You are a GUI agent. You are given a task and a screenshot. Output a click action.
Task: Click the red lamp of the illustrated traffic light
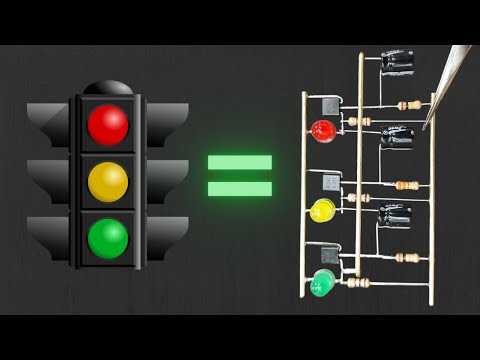[x=108, y=124]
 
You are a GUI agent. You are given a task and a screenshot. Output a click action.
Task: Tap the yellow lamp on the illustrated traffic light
[x=108, y=181]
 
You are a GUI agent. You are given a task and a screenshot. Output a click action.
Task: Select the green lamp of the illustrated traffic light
[x=108, y=238]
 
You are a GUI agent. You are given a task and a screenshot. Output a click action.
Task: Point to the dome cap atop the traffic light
[x=108, y=87]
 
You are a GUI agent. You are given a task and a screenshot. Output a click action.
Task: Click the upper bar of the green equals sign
[x=240, y=162]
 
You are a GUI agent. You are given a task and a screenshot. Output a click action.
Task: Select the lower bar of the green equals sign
[x=240, y=188]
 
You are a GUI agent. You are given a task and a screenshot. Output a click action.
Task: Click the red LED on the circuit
[x=322, y=131]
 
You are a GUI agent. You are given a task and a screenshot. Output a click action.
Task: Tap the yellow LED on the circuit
[x=322, y=211]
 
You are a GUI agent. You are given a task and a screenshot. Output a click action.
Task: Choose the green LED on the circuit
[x=321, y=284]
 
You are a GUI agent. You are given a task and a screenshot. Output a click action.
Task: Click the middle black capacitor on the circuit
[x=397, y=136]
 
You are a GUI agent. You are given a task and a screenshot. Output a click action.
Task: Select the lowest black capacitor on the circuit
[x=395, y=215]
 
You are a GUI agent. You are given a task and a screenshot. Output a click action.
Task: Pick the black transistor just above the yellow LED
[x=331, y=183]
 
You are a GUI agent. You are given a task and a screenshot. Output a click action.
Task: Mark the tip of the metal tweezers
[x=425, y=127]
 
